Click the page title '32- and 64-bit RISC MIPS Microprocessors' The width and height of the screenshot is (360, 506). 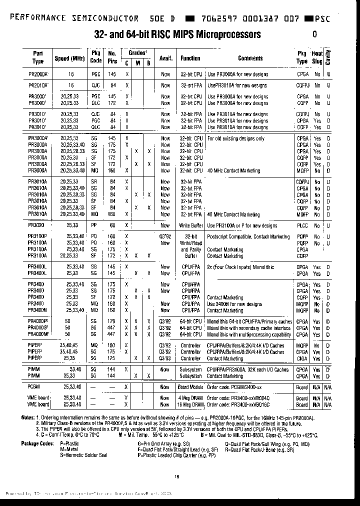coord(177,34)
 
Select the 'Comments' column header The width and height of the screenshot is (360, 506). coord(250,58)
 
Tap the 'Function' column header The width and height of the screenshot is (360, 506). coord(190,58)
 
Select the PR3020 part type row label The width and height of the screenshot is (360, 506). coord(37,225)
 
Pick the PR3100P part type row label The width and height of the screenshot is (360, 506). coord(38,236)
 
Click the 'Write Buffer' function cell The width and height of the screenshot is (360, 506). coord(191,225)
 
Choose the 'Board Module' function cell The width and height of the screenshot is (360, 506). coord(190,386)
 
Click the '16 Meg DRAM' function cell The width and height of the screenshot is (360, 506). coord(190,404)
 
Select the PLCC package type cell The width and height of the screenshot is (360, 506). coord(302,225)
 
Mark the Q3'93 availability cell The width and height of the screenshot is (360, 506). coord(165,358)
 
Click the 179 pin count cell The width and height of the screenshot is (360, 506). coord(111,321)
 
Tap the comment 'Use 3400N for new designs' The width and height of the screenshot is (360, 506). coord(234,304)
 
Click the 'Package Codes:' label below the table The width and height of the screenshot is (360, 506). coord(37,443)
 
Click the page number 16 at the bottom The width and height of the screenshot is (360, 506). coord(177,476)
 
